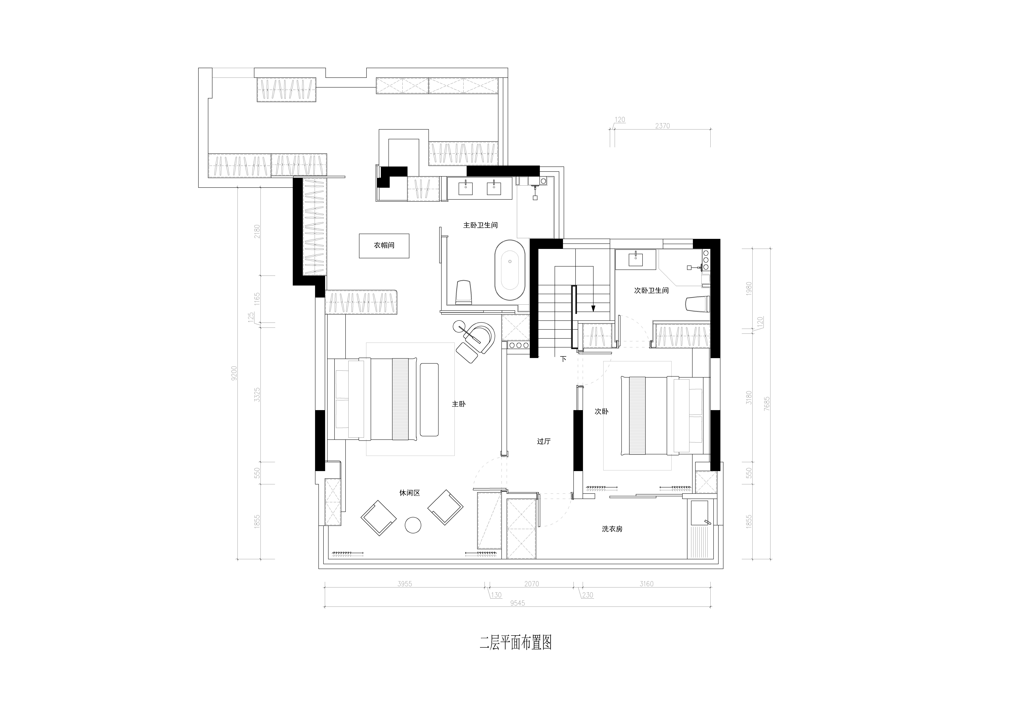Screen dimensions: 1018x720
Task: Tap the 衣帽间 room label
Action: (384, 245)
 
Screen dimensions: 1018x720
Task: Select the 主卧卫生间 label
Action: (481, 225)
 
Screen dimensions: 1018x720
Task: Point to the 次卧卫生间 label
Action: (651, 290)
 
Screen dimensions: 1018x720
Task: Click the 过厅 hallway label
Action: (544, 442)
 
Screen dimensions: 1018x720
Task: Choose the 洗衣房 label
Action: (612, 529)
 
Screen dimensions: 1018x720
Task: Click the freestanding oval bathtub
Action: (510, 270)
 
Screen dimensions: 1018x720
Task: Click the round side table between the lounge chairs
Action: (413, 525)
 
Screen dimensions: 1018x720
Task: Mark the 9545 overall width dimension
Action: (517, 603)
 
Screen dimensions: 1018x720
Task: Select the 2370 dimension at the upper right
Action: (662, 126)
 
